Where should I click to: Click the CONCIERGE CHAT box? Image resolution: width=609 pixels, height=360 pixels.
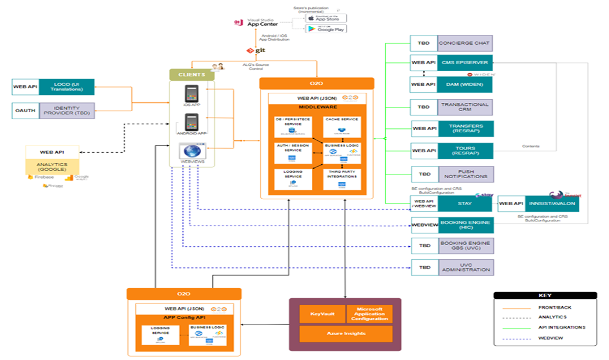click(x=464, y=43)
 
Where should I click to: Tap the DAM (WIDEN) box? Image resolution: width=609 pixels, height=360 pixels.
click(x=464, y=84)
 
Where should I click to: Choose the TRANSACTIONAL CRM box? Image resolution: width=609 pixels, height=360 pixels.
click(x=464, y=107)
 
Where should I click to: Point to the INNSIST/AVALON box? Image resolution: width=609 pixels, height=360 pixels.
click(x=552, y=203)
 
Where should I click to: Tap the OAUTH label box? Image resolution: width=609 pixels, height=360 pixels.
click(x=25, y=111)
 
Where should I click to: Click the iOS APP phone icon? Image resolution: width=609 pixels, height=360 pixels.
click(x=191, y=95)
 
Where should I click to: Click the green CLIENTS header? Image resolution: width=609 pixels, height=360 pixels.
click(x=192, y=75)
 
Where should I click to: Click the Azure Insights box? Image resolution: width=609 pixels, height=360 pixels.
click(x=346, y=334)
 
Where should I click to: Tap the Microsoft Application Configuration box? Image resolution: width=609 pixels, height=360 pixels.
click(x=369, y=314)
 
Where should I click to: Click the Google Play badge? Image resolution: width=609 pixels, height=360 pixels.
click(x=325, y=28)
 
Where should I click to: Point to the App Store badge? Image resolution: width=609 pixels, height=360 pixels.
click(x=325, y=18)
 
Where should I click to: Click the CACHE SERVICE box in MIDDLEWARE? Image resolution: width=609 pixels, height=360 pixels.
click(x=341, y=127)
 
